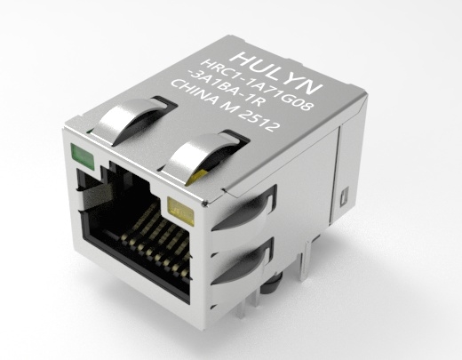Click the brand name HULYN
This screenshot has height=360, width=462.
click(x=277, y=73)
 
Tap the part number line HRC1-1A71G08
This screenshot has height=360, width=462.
click(x=257, y=85)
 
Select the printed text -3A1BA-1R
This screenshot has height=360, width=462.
click(x=225, y=90)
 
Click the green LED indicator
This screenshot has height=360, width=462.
click(x=82, y=155)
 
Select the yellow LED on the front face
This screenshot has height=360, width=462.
click(x=180, y=211)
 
